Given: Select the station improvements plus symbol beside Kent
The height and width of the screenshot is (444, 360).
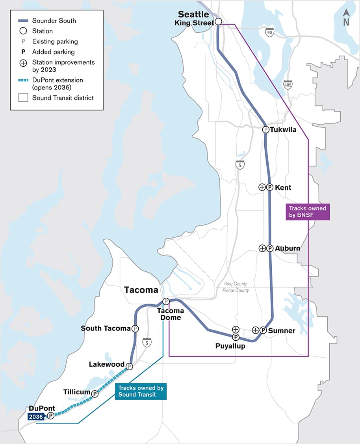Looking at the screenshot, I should (x=262, y=187).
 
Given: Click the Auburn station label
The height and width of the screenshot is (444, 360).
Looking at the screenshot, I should (x=288, y=248).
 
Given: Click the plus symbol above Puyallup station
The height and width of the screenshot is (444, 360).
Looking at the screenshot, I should (x=236, y=329).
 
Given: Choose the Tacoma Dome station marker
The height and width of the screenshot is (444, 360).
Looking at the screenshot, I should (x=166, y=301).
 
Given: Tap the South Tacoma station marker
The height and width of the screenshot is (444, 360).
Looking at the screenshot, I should (x=135, y=328).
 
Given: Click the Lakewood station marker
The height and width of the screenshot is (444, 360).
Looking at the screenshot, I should (x=129, y=366).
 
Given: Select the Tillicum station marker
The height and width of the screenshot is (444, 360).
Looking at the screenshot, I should (x=95, y=394).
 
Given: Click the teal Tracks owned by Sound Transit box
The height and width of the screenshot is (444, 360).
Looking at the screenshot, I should (x=141, y=391).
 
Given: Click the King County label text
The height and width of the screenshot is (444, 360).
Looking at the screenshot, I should (x=236, y=284).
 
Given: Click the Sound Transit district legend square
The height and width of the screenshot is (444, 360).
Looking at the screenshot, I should (x=23, y=97).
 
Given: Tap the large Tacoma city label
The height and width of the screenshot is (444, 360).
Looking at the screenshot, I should (x=141, y=290).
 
